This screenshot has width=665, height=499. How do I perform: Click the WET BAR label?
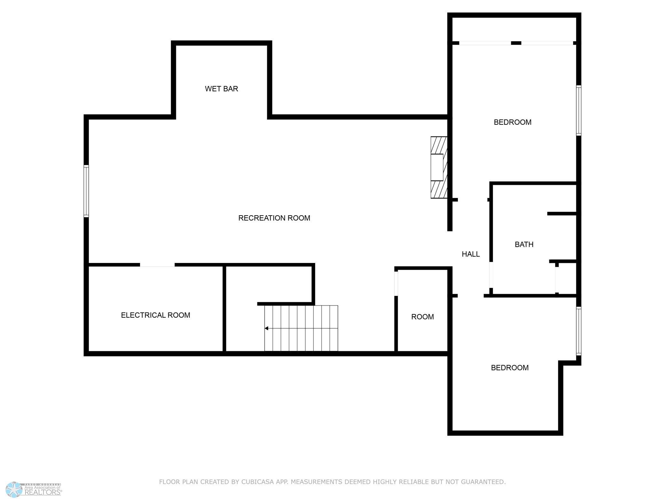(221, 89)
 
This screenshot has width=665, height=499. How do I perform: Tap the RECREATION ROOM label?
(274, 218)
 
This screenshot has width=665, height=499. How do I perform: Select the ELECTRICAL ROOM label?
(155, 315)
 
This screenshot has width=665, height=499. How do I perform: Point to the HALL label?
(471, 254)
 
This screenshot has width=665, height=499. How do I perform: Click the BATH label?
(524, 245)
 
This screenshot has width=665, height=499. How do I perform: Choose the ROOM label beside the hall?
(422, 317)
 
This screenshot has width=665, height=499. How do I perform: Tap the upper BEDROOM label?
(512, 122)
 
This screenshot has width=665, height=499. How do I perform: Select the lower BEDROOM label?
(510, 368)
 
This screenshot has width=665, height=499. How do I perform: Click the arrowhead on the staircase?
(266, 328)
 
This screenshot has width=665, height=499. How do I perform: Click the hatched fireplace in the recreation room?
(439, 167)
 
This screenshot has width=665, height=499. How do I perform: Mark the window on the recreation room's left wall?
(86, 191)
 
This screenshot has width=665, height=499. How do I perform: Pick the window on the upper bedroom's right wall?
(579, 110)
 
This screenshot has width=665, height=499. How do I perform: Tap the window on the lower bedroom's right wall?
(579, 331)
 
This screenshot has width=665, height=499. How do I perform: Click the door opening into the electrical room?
(157, 265)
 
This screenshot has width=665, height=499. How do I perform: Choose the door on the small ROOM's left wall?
(396, 283)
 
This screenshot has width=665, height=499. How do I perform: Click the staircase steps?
(301, 328)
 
